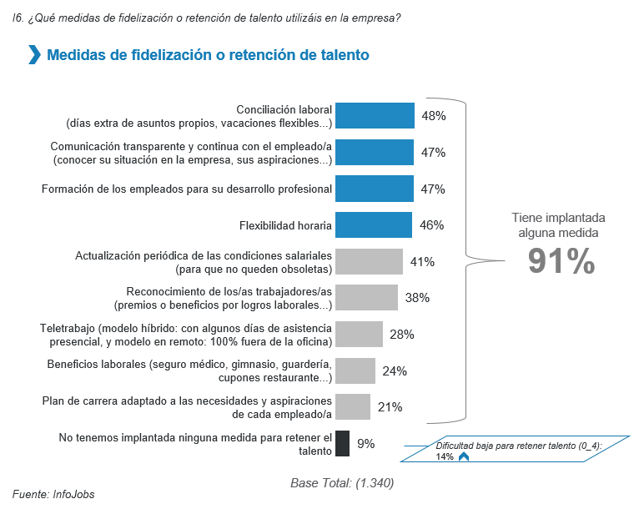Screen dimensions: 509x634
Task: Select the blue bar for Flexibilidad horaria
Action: pos(374,225)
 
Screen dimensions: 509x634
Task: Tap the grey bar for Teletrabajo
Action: pos(359,335)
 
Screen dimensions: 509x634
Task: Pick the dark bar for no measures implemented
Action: pos(342,443)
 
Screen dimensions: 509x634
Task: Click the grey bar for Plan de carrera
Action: pos(353,407)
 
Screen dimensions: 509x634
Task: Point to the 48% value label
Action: pos(434,116)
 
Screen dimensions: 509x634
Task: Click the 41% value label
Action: pos(422,262)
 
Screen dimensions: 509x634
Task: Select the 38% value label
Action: pos(417,298)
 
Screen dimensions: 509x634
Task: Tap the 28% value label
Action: pos(402,335)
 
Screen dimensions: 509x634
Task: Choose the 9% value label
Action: pos(366,443)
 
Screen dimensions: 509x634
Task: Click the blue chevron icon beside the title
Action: pos(34,56)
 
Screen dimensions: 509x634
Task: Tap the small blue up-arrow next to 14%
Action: pos(464,456)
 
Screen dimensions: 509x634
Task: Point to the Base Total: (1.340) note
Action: pos(342,483)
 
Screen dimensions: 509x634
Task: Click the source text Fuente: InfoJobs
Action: pos(53,494)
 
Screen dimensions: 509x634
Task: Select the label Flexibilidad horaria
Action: pos(285,225)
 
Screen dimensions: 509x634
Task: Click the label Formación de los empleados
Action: pos(187,189)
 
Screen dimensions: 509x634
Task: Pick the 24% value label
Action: pos(394,371)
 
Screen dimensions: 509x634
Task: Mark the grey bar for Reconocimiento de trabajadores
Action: pos(366,298)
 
